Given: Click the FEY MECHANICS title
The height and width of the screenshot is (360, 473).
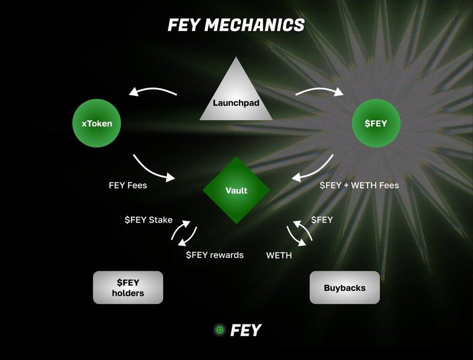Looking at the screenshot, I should (236, 25).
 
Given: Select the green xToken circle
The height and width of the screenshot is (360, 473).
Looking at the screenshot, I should (97, 123).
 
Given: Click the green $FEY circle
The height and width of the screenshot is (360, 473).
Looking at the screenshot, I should (376, 123).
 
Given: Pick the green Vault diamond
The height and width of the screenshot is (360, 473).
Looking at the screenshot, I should (236, 190).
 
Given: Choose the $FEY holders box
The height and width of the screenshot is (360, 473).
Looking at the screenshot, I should (128, 288).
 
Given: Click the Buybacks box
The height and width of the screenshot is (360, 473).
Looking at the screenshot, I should (345, 288).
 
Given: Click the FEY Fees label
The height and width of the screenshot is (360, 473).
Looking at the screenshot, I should (128, 185).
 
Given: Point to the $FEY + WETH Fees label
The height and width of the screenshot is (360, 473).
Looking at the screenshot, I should (359, 185).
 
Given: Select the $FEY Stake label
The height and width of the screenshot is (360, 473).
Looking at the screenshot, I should (148, 220).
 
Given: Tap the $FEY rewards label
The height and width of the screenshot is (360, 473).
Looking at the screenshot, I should (214, 255).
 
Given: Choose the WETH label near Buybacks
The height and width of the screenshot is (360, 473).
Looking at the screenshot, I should (279, 255).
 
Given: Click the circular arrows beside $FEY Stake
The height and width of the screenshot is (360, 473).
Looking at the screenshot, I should (184, 234).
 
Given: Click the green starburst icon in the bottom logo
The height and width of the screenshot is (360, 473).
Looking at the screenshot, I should (220, 330).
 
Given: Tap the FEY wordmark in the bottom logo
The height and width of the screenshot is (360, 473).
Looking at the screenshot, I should (246, 330).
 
